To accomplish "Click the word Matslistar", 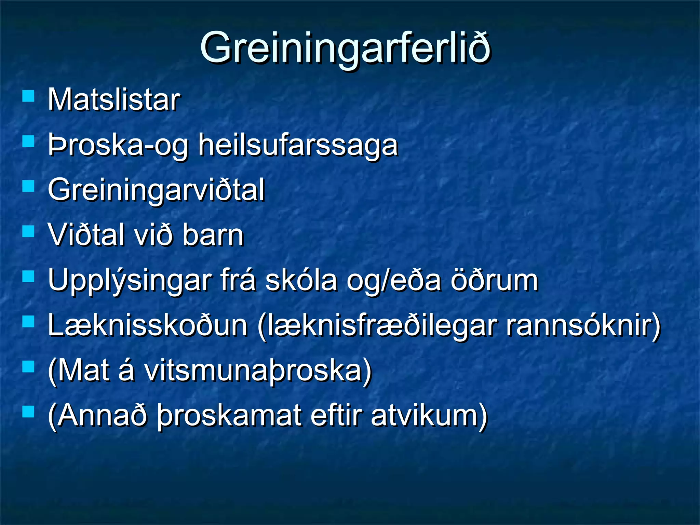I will (x=114, y=100).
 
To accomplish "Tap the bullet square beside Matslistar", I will (x=28, y=96).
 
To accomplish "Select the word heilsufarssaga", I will (x=298, y=145).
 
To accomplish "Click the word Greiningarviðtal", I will (x=156, y=190).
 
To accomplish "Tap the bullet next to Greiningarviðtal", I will (x=28, y=186).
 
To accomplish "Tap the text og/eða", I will (x=393, y=280).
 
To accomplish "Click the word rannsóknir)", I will (x=583, y=325).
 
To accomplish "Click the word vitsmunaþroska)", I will (x=258, y=371).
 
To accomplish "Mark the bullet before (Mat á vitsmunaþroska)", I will (x=28, y=367).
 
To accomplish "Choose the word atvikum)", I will (x=429, y=416).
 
